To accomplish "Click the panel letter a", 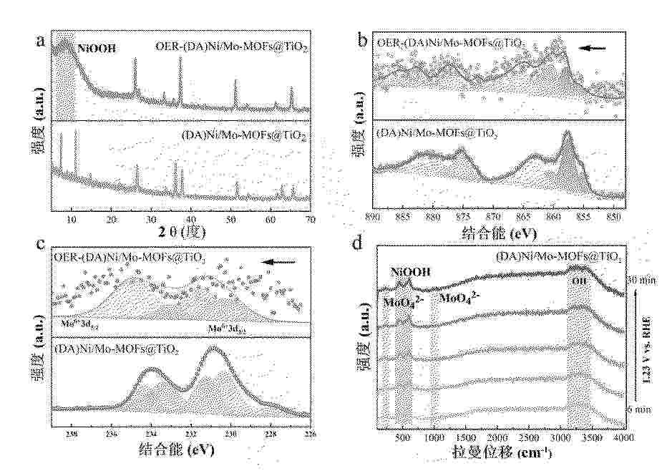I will [41, 40].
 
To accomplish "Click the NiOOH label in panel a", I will [97, 50].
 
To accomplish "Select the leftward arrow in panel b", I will [592, 49].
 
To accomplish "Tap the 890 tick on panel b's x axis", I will [372, 215].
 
